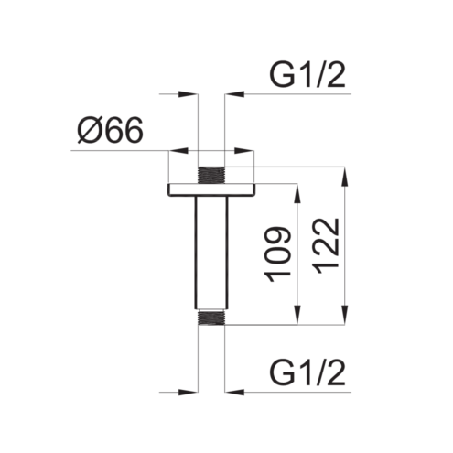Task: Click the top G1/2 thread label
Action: tap(307, 76)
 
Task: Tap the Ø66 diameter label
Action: tap(110, 131)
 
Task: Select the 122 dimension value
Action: tap(326, 246)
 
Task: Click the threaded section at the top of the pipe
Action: tap(211, 175)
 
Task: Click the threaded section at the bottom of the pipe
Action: tap(211, 318)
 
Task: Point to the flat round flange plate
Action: tap(211, 189)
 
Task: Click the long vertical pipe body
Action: tap(211, 253)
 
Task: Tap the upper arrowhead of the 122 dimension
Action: tap(345, 177)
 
